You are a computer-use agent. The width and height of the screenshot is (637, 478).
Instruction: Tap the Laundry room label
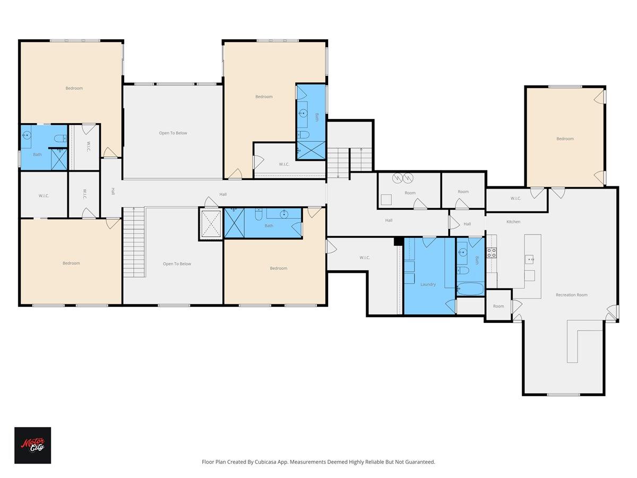pos(428,284)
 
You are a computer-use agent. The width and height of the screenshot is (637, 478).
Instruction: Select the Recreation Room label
pos(571,295)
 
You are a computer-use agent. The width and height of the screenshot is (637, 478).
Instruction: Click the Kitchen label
pos(513,221)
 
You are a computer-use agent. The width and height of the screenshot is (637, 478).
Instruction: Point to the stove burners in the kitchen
pos(492,253)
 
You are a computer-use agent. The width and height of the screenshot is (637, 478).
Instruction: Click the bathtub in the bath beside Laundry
pos(470,289)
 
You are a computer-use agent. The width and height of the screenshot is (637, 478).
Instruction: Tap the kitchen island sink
pos(530,259)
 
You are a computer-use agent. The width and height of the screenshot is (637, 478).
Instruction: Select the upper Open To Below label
pos(173,133)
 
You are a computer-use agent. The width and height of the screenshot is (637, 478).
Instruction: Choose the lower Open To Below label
pos(177,264)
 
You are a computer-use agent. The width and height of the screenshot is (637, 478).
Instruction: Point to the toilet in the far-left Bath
pos(61,139)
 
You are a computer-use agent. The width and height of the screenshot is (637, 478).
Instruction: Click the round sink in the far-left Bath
pos(27,135)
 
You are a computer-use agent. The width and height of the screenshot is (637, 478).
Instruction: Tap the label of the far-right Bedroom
pos(565,139)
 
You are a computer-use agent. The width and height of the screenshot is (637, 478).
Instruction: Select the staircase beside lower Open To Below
pos(134,242)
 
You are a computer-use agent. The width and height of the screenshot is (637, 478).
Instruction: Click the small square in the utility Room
pos(386,200)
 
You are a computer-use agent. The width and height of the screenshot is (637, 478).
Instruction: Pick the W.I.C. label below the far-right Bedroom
pos(515,199)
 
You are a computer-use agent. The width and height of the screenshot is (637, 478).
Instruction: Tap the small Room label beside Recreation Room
pos(498,306)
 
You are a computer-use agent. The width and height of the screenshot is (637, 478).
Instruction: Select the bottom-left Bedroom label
pos(71,263)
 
